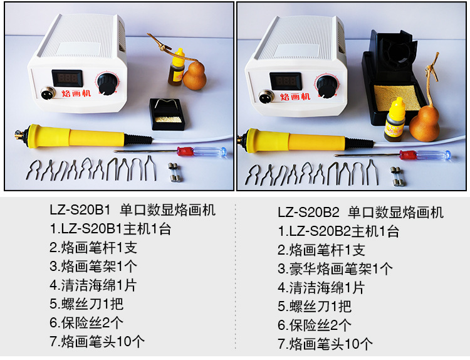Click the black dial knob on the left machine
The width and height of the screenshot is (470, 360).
click(107, 83)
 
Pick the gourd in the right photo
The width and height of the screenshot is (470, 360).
click(424, 122)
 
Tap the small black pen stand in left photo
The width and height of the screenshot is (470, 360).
click(165, 114)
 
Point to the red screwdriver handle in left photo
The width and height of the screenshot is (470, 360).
click(191, 151)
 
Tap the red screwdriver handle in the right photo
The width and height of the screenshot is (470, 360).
click(408, 154)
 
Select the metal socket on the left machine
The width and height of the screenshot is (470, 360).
click(46, 95)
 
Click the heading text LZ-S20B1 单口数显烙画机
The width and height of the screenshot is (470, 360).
click(132, 210)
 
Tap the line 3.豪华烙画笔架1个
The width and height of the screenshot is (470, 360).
click(335, 269)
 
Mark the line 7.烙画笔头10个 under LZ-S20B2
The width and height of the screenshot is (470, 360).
click(325, 344)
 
